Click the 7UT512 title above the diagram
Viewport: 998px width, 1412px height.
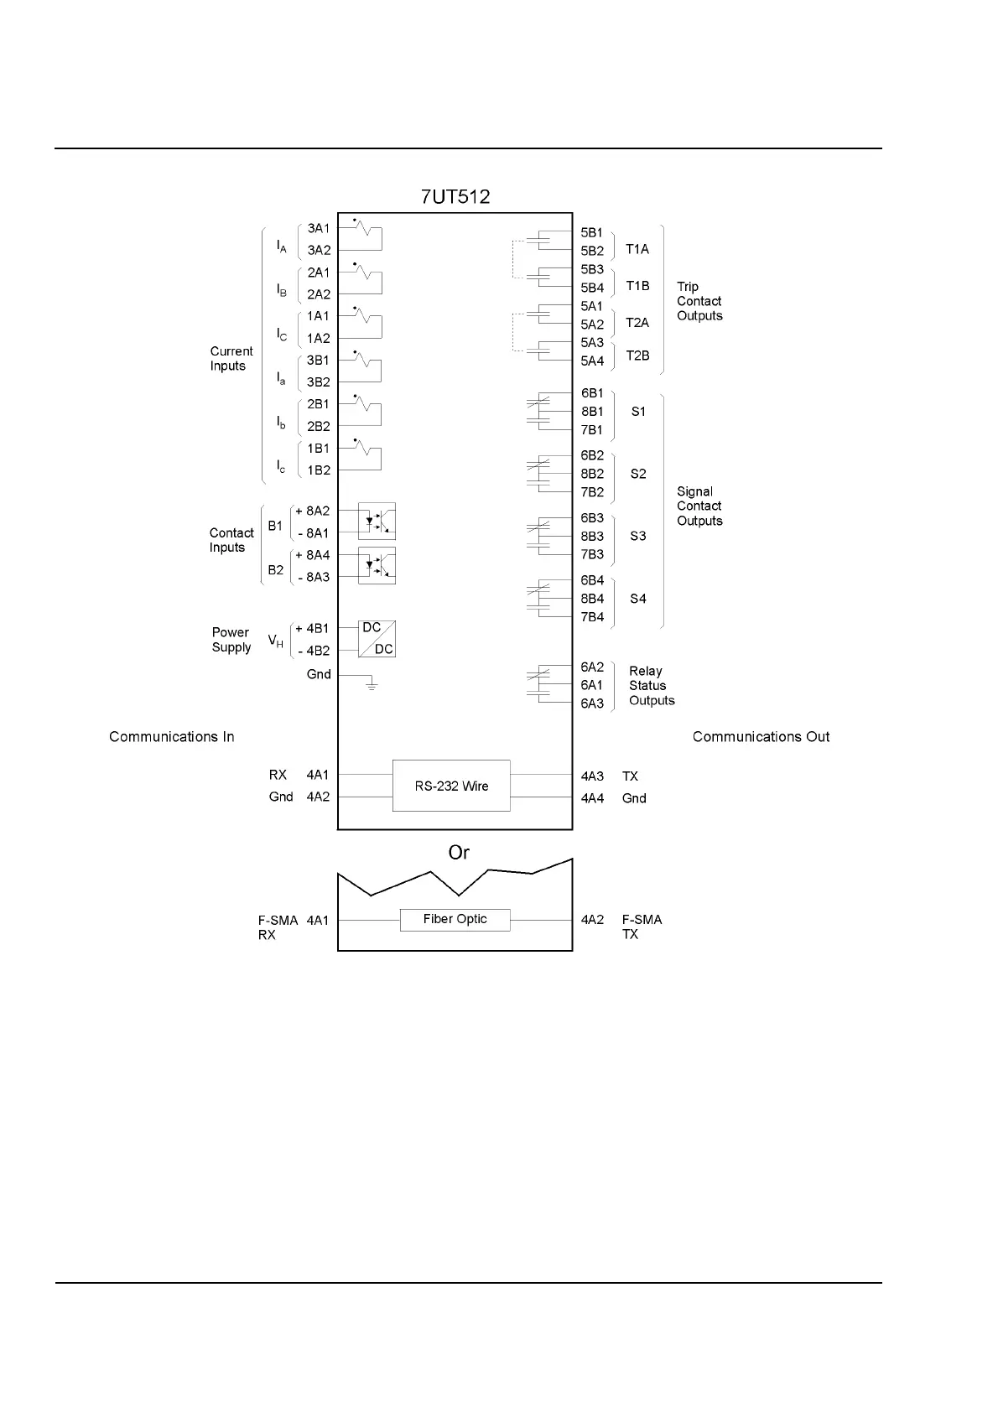coord(455,197)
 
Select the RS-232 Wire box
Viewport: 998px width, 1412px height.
coord(451,786)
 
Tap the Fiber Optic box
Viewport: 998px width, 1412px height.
coord(455,919)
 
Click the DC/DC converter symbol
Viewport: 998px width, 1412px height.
coord(377,639)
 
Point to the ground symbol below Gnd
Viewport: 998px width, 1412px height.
coord(372,686)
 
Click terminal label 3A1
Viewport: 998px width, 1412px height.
coord(319,228)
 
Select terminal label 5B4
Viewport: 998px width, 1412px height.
coord(592,288)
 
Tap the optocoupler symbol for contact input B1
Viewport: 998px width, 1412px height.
coord(377,522)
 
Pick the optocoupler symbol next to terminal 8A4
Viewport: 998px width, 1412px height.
coord(377,566)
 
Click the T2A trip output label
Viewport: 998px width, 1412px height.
coord(637,323)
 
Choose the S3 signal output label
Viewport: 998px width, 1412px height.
coord(638,536)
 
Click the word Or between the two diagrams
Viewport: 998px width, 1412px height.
coord(459,853)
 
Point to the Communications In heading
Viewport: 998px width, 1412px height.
coord(172,737)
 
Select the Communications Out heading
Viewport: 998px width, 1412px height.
coord(761,737)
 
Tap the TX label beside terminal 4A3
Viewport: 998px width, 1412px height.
coord(630,776)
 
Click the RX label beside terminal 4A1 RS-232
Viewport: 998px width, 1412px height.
coord(278,776)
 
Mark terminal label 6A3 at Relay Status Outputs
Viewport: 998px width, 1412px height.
coord(592,703)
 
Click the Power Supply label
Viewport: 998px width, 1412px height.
coord(231,640)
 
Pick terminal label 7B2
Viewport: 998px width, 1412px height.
coord(592,492)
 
